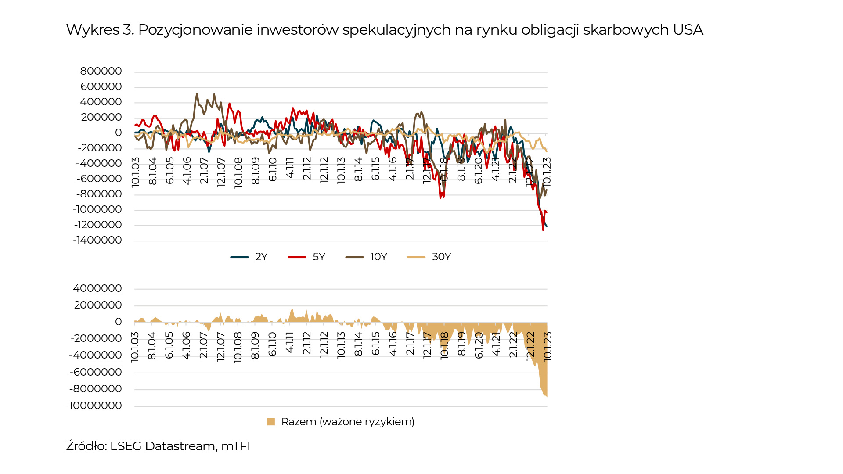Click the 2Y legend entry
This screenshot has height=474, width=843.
249,257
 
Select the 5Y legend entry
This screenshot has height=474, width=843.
306,257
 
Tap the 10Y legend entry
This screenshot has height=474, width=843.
366,257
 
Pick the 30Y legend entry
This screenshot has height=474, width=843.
429,257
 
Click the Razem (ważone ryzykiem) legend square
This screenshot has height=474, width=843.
271,422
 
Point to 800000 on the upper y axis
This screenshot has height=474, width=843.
101,71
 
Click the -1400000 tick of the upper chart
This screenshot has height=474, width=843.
97,240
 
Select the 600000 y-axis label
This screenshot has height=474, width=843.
101,86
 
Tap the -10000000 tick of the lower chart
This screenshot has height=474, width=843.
94,406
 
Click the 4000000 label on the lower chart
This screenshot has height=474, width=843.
97,288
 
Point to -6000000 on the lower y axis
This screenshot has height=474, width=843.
96,372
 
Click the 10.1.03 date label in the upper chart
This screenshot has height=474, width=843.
135,172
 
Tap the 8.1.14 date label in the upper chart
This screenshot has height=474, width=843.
358,169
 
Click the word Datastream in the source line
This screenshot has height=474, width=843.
180,446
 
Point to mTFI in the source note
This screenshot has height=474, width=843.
236,446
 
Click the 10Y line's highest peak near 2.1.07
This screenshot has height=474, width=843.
197,93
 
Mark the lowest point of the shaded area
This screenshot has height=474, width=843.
547,397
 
